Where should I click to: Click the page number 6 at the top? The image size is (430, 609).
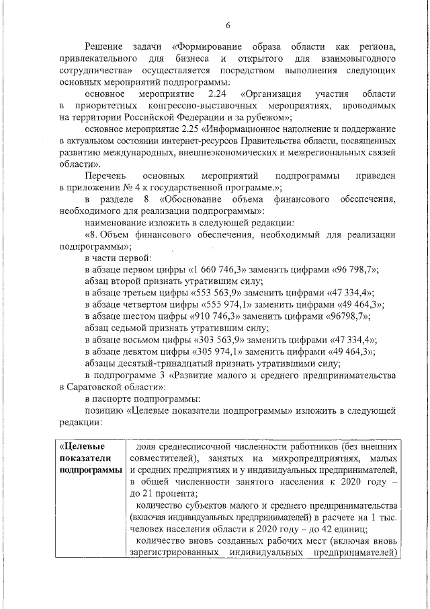pyautogui.click(x=228, y=26)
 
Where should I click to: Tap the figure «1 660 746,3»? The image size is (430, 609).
pyautogui.click(x=220, y=269)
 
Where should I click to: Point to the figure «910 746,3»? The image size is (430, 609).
pyautogui.click(x=220, y=316)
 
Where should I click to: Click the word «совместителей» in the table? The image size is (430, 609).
pyautogui.click(x=161, y=458)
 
